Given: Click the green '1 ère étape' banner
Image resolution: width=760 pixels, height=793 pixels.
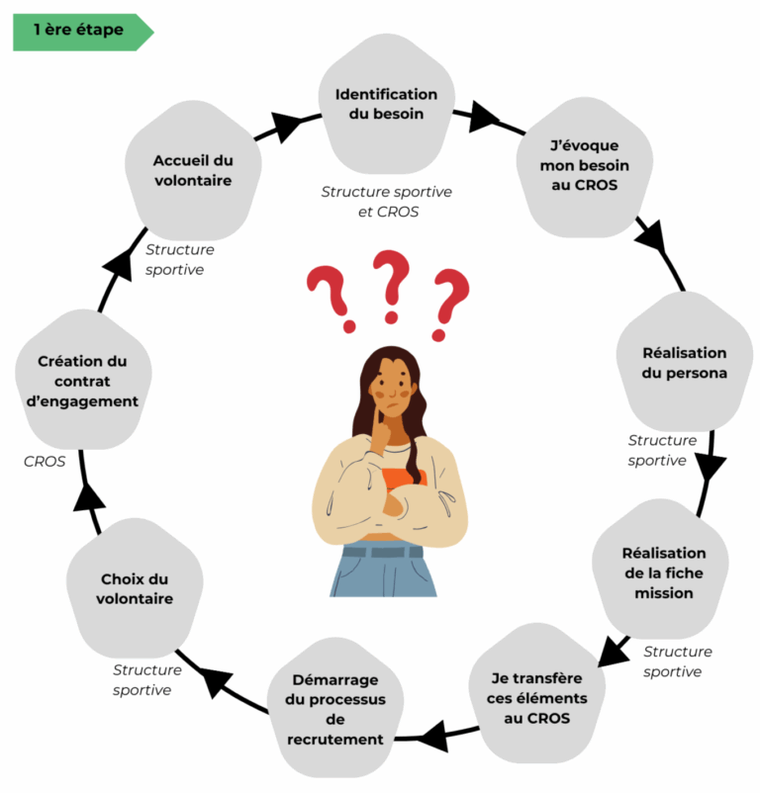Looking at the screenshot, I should (x=79, y=31).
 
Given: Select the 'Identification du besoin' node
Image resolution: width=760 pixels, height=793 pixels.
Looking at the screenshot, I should (x=386, y=104).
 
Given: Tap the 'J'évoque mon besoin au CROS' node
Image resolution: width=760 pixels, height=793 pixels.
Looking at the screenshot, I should (x=584, y=164).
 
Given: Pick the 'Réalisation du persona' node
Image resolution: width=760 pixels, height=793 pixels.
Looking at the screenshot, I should (x=684, y=363).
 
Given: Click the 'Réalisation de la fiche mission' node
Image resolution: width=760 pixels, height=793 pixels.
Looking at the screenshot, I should (x=663, y=573).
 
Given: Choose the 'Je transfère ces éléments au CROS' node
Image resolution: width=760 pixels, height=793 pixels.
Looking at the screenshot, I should (x=537, y=697).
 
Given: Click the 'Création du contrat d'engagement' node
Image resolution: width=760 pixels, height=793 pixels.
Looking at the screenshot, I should (x=83, y=382).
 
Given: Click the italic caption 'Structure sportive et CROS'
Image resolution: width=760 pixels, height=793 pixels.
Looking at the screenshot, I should (x=386, y=201).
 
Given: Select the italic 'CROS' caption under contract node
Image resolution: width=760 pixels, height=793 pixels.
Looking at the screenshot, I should (x=45, y=461).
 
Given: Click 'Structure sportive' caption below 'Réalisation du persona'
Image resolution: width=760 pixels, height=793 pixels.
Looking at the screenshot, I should (x=662, y=450).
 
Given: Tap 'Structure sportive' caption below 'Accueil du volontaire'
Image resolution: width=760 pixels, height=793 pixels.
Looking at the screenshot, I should (x=179, y=259).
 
